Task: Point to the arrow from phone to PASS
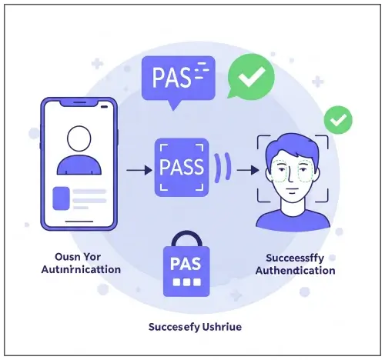136,166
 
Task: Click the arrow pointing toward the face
246,166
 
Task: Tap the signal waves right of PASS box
223,166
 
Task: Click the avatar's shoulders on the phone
79,166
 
